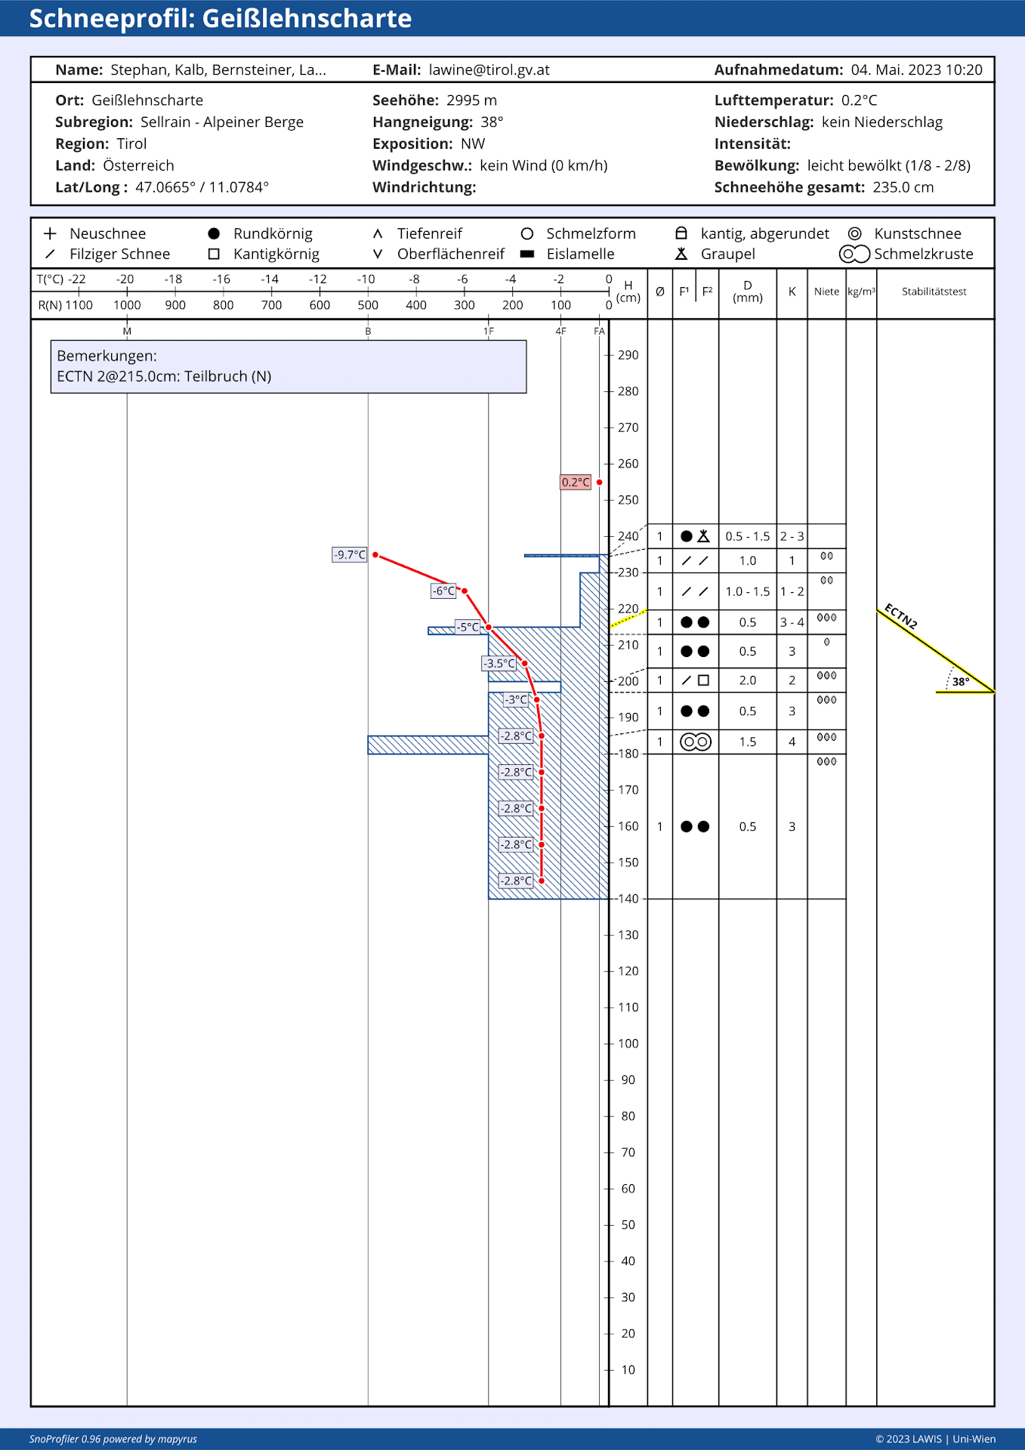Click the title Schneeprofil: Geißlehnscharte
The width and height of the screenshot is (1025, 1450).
pos(220,18)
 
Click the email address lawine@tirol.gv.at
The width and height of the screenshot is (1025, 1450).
pos(489,70)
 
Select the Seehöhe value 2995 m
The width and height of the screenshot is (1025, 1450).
pos(471,100)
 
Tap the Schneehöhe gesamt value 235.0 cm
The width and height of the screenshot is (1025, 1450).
pos(903,187)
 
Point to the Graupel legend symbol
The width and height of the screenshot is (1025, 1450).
pos(681,254)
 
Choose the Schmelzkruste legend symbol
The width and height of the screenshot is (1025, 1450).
pos(854,255)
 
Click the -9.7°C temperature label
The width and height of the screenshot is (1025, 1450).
pos(350,555)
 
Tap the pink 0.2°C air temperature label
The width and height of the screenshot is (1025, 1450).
pos(576,483)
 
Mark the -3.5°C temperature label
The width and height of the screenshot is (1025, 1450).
pos(499,664)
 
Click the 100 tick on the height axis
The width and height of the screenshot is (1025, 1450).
pos(628,1044)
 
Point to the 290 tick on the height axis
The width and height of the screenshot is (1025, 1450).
pos(628,355)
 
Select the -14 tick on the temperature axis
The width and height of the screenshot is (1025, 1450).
pos(270,279)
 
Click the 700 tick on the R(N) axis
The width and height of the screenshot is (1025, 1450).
pos(271,305)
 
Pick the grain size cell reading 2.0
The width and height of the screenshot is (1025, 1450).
pos(747,680)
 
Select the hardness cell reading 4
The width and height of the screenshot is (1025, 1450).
pos(792,742)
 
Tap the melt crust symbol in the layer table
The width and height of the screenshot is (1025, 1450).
pos(696,742)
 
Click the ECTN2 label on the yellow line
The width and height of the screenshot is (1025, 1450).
pos(900,616)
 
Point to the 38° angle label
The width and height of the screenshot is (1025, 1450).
pos(960,682)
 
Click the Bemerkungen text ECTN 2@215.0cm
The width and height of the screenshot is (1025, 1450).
pos(164,376)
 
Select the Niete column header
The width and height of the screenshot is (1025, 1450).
pos(826,292)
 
